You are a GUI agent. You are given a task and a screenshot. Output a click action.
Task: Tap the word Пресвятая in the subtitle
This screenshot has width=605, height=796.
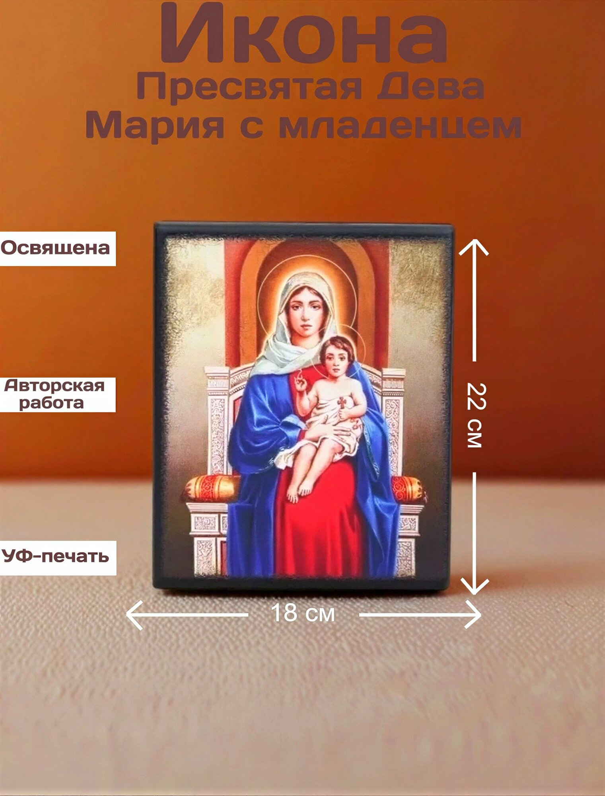(249, 88)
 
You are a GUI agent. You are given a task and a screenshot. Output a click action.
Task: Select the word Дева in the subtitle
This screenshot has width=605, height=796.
(430, 87)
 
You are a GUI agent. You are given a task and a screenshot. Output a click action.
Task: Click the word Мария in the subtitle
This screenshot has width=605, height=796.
(154, 125)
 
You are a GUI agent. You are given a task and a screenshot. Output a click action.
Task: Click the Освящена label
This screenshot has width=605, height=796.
(56, 248)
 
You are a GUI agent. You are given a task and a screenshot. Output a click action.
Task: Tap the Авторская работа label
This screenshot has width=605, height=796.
(55, 394)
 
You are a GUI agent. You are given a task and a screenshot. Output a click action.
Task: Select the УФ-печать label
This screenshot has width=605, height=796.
(55, 556)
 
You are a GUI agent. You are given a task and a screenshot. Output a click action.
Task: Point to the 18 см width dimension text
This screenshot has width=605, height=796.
(303, 613)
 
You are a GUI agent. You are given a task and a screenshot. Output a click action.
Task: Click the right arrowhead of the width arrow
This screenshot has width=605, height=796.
(473, 615)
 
